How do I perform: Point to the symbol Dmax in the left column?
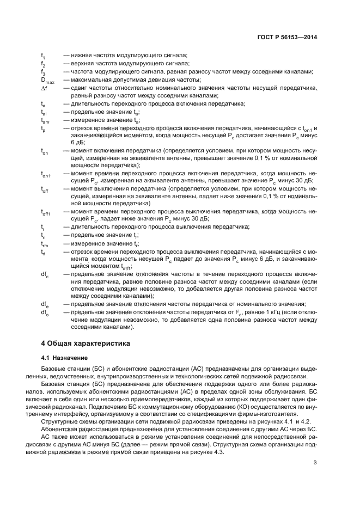coord(48,80)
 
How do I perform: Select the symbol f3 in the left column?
coord(43,72)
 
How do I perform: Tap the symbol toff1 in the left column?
coord(46,213)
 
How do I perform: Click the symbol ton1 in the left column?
coord(46,175)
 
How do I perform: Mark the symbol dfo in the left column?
coord(45,313)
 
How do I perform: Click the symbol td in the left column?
coord(43,253)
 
